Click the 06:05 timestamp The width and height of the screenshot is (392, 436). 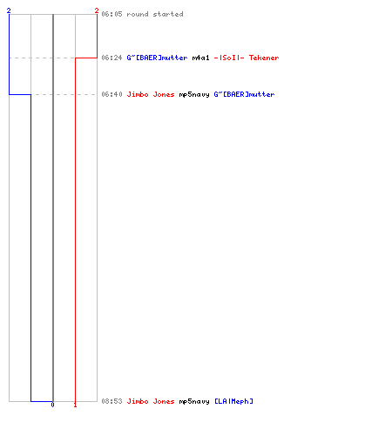coord(112,14)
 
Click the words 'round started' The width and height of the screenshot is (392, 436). coord(155,14)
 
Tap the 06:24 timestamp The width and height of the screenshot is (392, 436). coord(112,58)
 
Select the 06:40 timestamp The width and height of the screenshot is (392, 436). coord(112,94)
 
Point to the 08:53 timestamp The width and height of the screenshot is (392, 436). coord(112,401)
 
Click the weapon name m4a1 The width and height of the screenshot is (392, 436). coord(200,58)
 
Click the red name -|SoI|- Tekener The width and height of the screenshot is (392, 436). coord(247,58)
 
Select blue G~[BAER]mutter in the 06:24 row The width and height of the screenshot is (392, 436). coord(157,58)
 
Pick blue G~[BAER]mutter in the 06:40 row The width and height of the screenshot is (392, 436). coord(244,94)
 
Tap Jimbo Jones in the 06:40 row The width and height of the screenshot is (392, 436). coord(151,94)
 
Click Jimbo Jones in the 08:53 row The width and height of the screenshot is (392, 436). coord(151,401)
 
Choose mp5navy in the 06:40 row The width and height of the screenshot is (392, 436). coord(194,94)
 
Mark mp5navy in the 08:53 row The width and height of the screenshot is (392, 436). coord(194,401)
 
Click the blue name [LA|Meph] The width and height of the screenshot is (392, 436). coord(233,401)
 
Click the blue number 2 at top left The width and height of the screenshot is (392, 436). coord(9,10)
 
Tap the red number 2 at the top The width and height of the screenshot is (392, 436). coord(97,10)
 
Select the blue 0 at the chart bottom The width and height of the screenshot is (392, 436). coord(52,405)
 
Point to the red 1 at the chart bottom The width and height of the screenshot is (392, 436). coord(75,405)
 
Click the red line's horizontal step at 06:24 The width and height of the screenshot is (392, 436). coord(86,58)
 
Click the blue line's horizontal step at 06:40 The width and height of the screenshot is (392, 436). coord(20,94)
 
